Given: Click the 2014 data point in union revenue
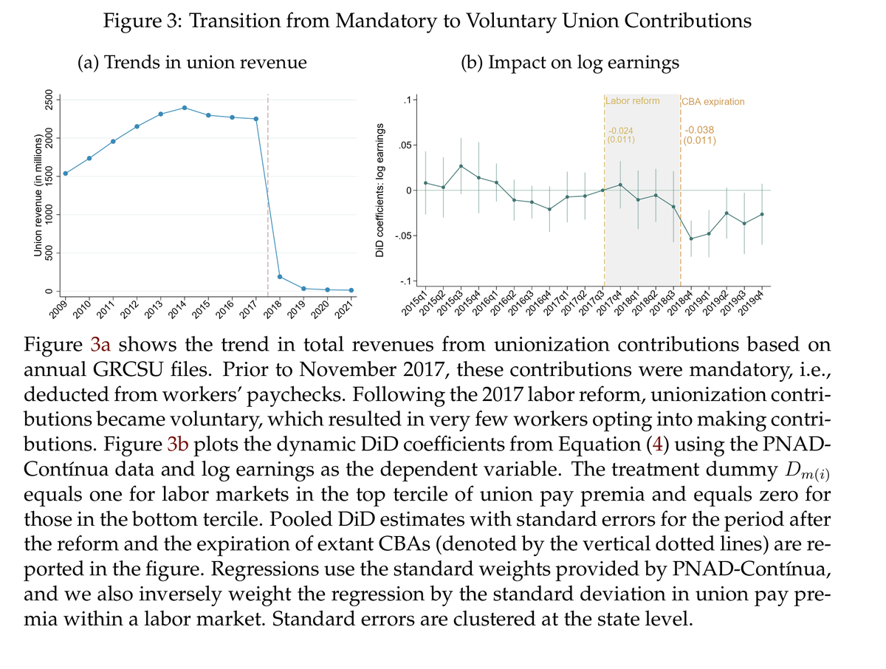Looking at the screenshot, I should (185, 108).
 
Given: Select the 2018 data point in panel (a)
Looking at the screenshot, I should (280, 277).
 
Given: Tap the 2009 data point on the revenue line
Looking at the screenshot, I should (66, 174).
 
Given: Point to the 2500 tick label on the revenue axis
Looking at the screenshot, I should (49, 100).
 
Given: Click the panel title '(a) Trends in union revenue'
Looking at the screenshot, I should (192, 63).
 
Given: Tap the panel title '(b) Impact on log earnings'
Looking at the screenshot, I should (569, 63).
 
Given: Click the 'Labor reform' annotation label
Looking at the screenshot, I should (633, 100).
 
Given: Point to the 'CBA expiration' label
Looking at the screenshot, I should (714, 101).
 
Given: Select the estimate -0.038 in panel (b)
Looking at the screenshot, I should (700, 130).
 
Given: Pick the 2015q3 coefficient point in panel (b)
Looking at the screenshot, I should (461, 165).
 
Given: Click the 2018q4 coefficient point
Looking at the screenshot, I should (691, 239).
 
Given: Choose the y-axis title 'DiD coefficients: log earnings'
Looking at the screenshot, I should (380, 191).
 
